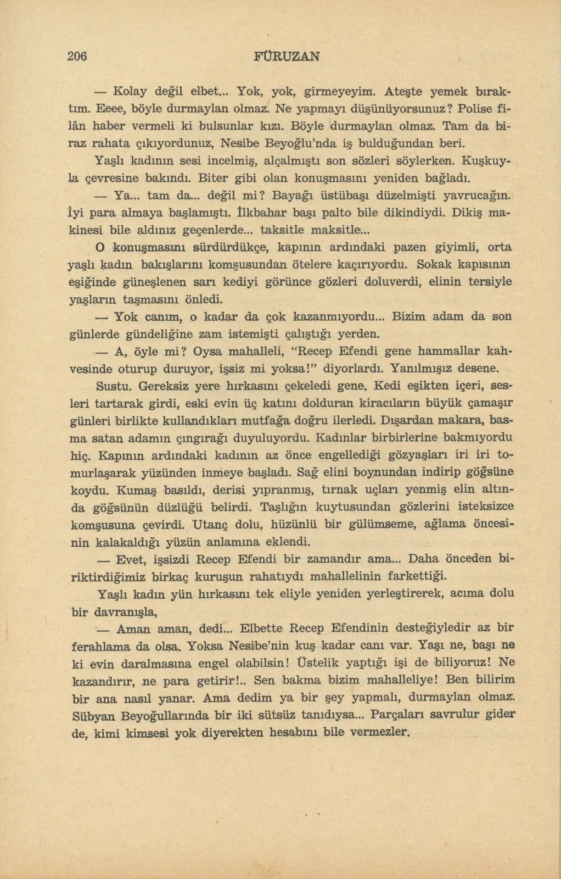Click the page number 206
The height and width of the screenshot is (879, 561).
[x=78, y=56]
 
